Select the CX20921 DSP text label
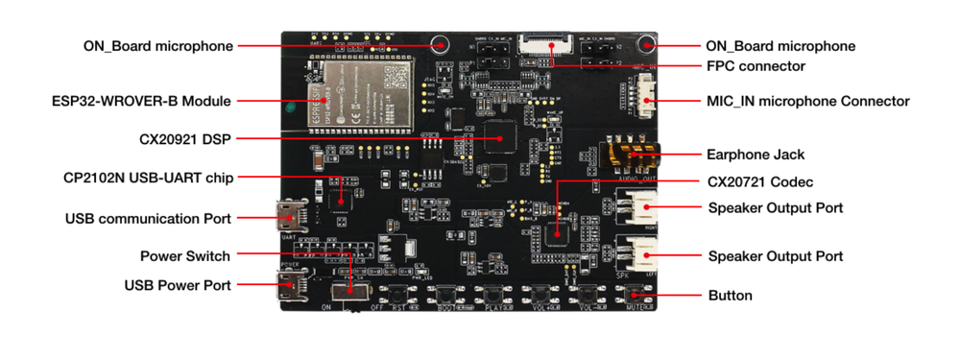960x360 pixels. [x=183, y=138]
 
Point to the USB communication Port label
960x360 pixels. [x=148, y=218]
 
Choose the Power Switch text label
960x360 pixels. [x=184, y=256]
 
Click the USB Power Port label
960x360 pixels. [x=178, y=285]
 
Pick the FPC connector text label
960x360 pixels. [x=756, y=66]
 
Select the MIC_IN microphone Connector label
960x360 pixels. [x=807, y=101]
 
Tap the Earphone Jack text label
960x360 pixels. [x=756, y=154]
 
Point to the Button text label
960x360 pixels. [x=730, y=295]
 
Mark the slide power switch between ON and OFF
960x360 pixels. [x=348, y=290]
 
